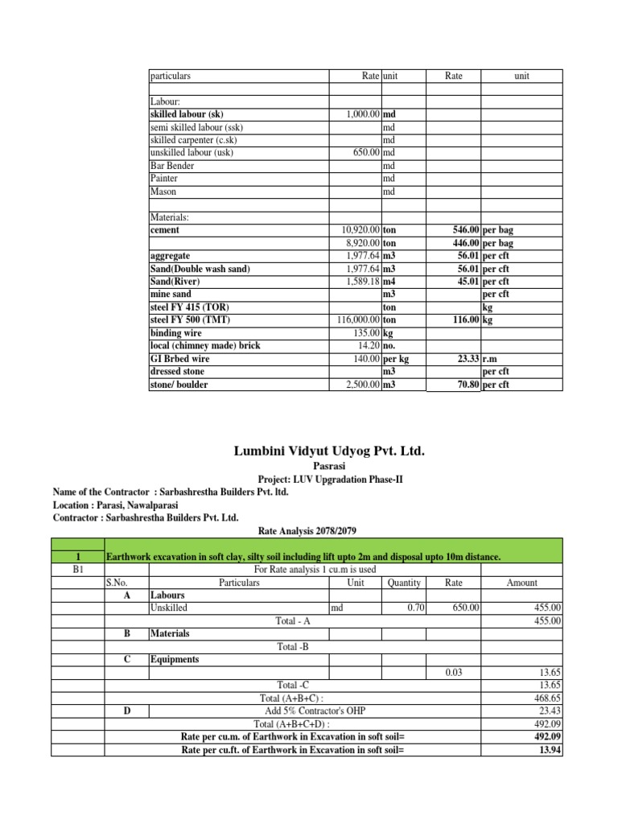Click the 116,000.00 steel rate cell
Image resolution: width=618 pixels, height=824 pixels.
tap(354, 320)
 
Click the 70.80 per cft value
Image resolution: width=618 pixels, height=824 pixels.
tap(465, 385)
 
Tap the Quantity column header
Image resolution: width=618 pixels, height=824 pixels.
tap(403, 582)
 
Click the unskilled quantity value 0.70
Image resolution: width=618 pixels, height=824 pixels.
tap(415, 608)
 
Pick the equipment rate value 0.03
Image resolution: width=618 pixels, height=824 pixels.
tap(454, 672)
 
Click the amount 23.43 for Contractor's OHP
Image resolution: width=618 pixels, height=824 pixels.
tap(550, 711)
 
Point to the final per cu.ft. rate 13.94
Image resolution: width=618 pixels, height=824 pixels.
tap(550, 749)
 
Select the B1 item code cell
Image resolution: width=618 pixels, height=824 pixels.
tap(77, 569)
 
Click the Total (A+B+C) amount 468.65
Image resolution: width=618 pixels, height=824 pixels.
tap(546, 698)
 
